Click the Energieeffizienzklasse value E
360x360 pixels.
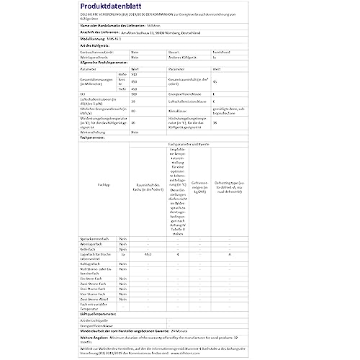226,94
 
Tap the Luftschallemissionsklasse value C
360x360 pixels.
226,102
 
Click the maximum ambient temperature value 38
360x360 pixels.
226,122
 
